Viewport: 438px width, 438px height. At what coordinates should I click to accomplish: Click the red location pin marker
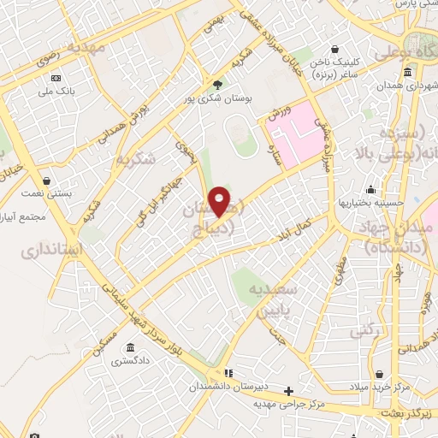point(220,202)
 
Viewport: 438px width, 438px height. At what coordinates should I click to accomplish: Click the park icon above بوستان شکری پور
point(218,85)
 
